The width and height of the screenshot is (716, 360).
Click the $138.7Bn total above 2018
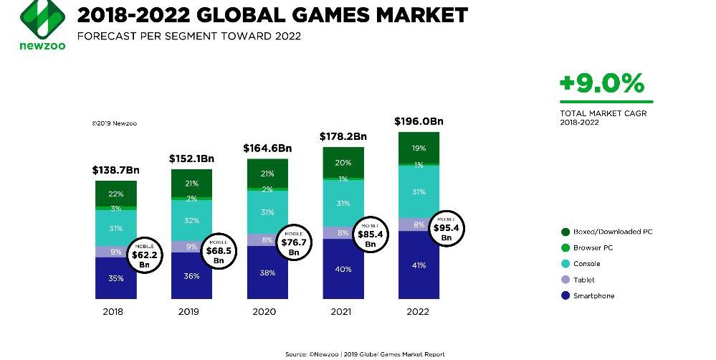click(116, 171)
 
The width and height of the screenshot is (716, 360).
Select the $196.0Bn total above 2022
click(419, 122)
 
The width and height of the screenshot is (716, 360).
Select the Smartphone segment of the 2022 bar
click(419, 265)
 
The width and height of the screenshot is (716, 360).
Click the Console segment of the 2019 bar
click(191, 220)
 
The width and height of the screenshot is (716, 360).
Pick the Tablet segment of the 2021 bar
click(343, 232)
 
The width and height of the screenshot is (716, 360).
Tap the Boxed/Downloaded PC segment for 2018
click(116, 194)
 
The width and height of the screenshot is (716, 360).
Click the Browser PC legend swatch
click(565, 247)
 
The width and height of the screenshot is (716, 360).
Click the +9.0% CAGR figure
click(602, 85)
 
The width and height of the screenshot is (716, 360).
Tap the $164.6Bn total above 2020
click(267, 148)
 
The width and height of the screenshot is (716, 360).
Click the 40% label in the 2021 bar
click(343, 269)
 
